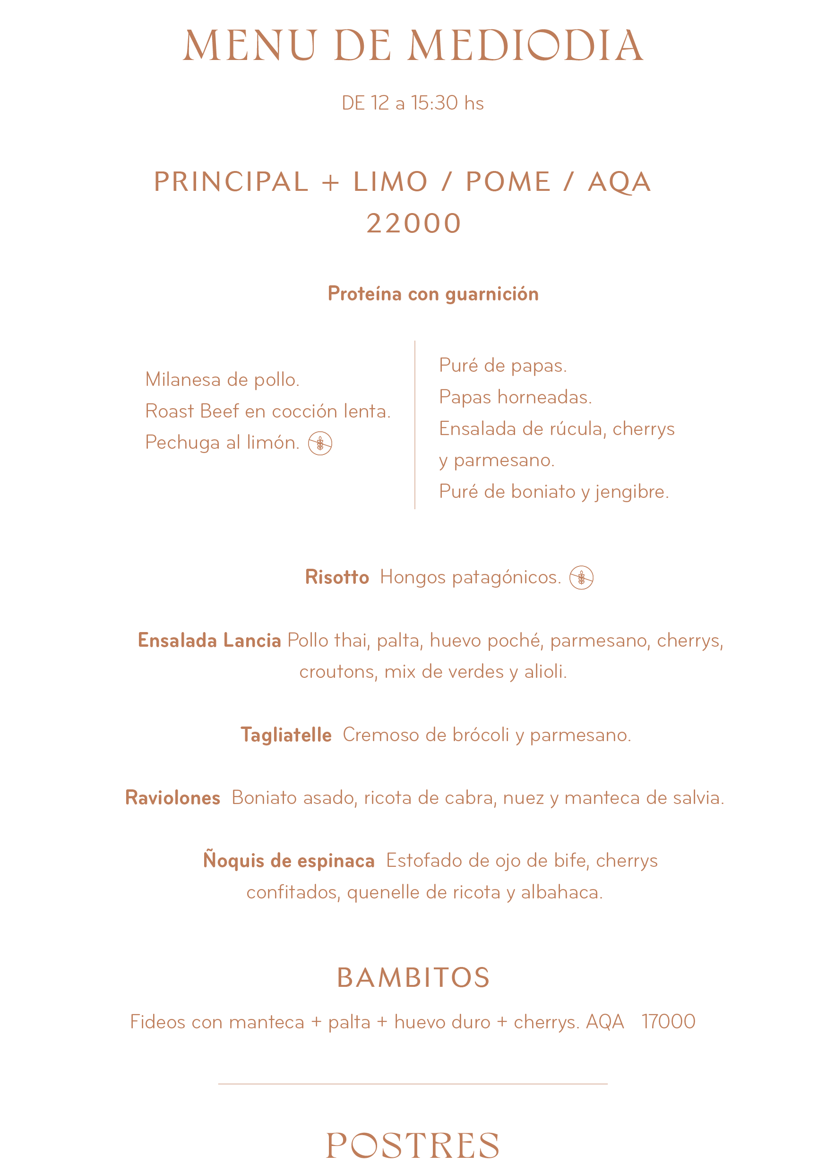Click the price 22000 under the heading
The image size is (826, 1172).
(x=413, y=223)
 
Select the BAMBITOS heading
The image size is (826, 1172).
(x=413, y=978)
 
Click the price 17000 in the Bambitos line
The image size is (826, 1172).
(x=668, y=1021)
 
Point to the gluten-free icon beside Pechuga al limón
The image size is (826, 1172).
(x=320, y=443)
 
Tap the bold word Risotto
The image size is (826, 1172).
(x=337, y=577)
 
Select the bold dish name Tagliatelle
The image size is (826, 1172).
(x=286, y=735)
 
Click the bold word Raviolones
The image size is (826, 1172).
(x=172, y=798)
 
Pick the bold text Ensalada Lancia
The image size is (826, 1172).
(x=209, y=641)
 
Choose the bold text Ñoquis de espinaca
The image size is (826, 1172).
(x=289, y=861)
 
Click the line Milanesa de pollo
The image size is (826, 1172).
(x=222, y=380)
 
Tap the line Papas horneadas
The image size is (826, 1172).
(x=515, y=397)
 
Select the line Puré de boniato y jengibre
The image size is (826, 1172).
(x=554, y=492)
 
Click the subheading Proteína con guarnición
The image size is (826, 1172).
(x=433, y=294)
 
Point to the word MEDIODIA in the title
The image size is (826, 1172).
(x=525, y=46)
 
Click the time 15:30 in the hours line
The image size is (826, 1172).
(x=434, y=103)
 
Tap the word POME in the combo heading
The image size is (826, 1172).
(x=508, y=182)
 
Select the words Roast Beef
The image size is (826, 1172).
(x=192, y=411)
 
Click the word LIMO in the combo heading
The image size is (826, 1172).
(x=390, y=182)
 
